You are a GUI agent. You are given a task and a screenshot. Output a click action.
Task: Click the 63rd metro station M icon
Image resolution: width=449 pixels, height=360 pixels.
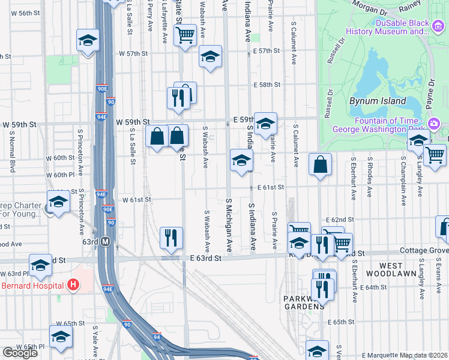(106, 241)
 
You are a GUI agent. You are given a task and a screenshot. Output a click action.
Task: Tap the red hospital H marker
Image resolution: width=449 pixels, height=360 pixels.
(74, 284)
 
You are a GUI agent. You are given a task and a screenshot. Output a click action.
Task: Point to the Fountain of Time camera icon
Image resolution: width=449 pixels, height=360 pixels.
(434, 124)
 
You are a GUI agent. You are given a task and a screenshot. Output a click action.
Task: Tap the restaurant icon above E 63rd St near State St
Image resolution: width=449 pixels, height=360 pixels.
(172, 238)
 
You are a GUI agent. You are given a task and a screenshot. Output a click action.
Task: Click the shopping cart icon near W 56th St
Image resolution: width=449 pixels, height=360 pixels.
(185, 34)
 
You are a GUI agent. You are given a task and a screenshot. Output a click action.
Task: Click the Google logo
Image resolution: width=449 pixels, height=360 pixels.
(20, 353)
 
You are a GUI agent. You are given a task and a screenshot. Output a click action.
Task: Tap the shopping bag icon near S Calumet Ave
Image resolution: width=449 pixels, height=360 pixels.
(321, 164)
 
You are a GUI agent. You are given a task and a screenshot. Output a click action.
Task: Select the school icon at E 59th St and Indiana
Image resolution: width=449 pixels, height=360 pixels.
(265, 123)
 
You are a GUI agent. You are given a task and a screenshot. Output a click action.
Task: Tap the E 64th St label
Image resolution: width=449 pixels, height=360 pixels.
(366, 287)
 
